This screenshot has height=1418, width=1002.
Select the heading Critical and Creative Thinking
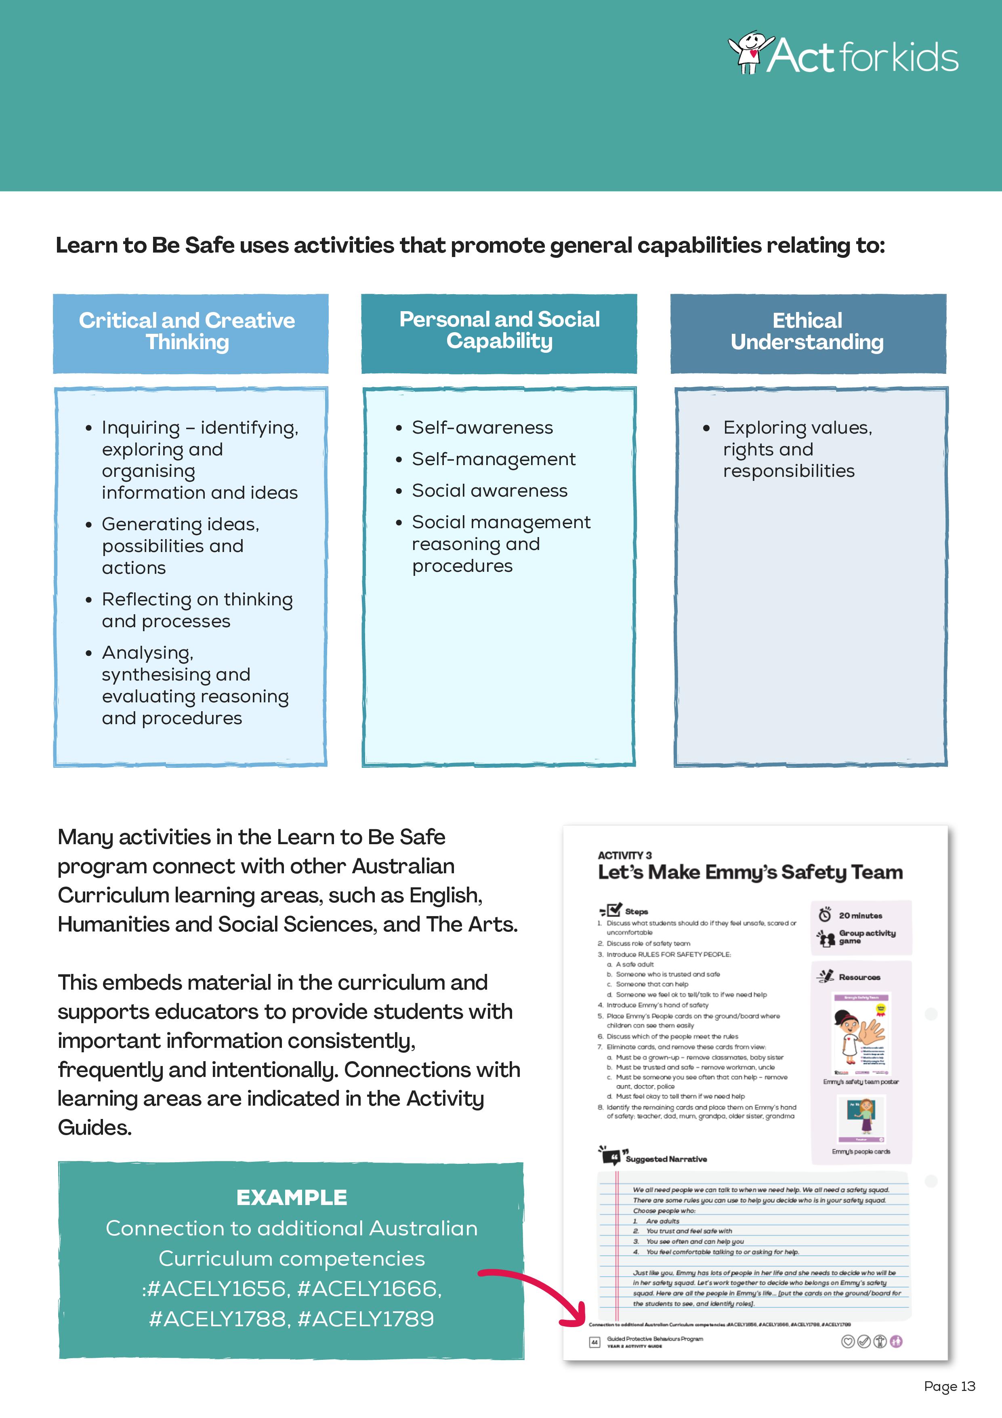(187, 331)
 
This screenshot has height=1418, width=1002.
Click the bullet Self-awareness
(482, 428)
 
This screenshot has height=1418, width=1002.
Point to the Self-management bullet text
(493, 459)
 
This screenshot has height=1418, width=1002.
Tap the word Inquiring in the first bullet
(141, 428)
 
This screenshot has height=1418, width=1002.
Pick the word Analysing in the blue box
(147, 652)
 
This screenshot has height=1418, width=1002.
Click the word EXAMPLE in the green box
(292, 1197)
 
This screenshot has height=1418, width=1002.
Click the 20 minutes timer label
(860, 915)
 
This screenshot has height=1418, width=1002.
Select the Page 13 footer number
(949, 1386)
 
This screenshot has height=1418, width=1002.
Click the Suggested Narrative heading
(666, 1159)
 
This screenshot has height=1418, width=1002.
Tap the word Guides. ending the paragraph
(95, 1128)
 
